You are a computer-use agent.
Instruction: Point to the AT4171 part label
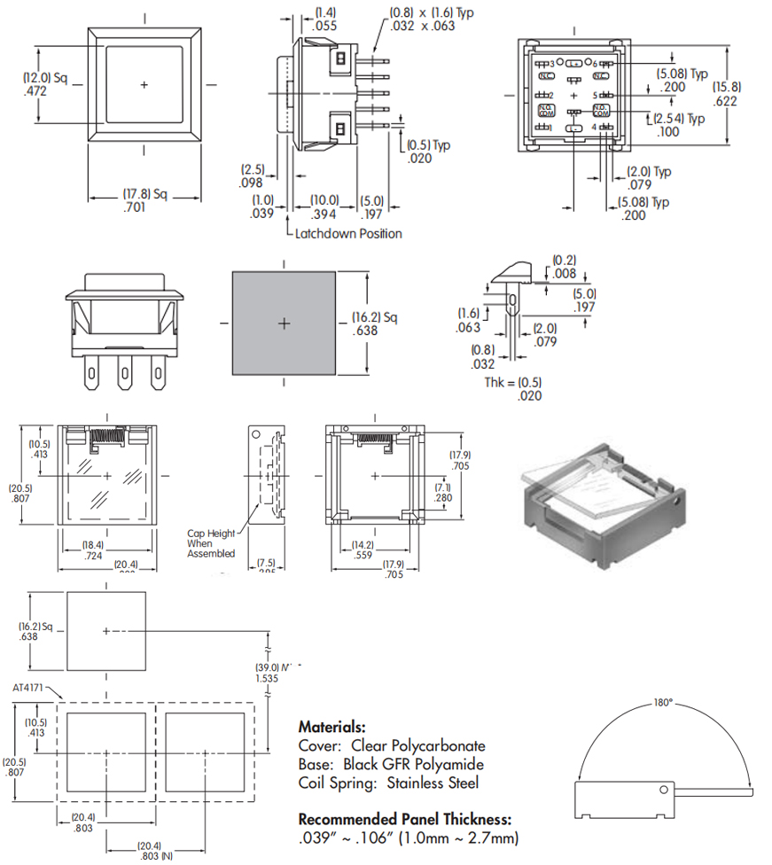tap(28, 687)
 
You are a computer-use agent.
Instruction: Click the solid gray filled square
tap(284, 323)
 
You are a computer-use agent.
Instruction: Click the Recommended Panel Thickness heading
tap(405, 820)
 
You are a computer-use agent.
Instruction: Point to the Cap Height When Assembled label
tap(211, 543)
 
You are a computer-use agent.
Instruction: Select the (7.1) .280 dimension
tap(443, 493)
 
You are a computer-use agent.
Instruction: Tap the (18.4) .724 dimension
tap(93, 550)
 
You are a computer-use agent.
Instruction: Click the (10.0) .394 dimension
tap(324, 207)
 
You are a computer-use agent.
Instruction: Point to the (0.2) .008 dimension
tap(564, 267)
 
